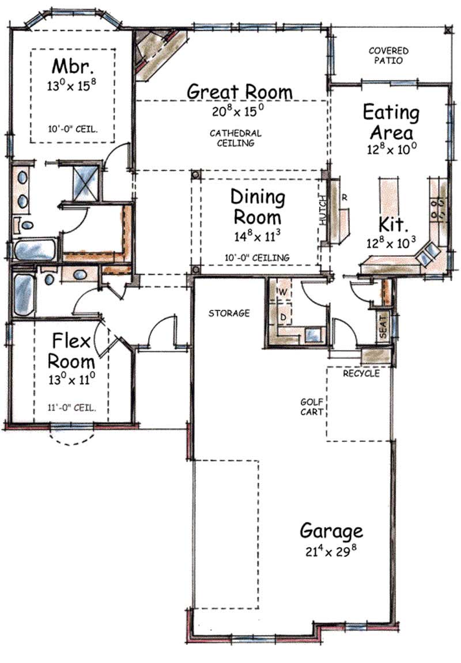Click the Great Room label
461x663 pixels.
click(240, 92)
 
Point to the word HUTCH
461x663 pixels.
click(323, 210)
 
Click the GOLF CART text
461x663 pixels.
click(311, 407)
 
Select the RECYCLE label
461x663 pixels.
click(361, 373)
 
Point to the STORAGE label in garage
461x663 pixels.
click(229, 313)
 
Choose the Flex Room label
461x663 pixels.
click(71, 351)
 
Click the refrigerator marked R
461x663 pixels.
click(344, 198)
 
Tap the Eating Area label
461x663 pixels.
click(391, 122)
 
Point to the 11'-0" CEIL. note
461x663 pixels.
click(71, 407)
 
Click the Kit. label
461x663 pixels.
click(391, 223)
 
